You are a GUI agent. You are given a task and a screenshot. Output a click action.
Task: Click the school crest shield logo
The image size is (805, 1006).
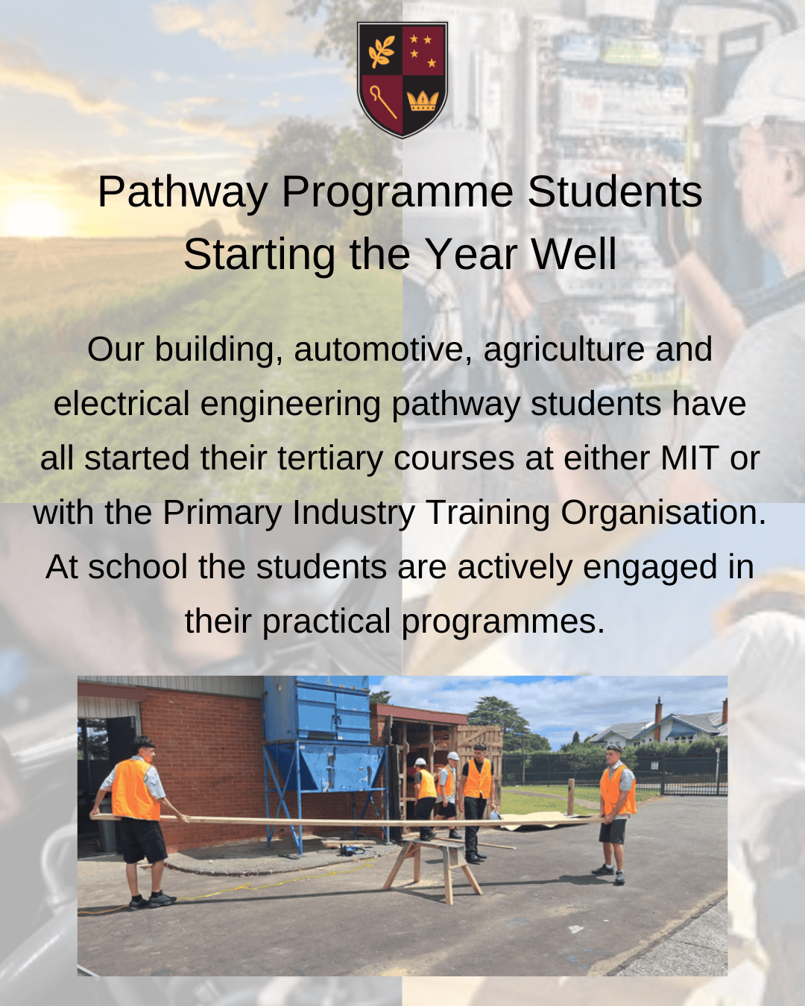402,80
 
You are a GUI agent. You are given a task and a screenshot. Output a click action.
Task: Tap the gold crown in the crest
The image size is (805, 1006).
423,101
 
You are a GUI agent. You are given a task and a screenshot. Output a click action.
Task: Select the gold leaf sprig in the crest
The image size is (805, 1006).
381,52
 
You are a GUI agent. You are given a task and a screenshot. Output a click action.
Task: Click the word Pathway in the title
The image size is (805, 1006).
183,192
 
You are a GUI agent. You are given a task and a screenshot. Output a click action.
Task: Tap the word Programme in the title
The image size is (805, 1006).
397,192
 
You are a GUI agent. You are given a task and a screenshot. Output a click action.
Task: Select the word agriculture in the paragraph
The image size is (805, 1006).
563,350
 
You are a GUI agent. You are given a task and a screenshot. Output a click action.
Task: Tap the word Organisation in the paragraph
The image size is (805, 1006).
663,514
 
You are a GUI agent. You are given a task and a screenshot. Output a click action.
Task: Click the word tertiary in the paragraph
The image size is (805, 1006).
330,459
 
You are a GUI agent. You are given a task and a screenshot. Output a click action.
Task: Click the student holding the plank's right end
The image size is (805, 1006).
616,814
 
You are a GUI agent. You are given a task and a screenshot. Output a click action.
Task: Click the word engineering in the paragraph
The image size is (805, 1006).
291,405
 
